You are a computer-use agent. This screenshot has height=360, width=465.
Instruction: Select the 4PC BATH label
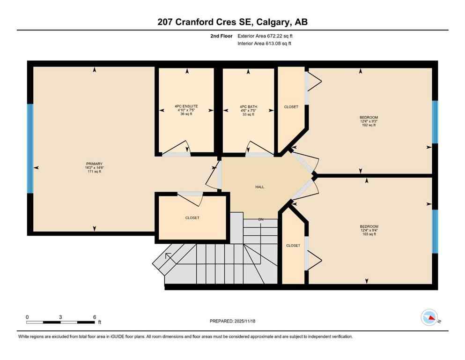[248, 107]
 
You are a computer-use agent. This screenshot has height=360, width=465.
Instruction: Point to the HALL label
[260, 187]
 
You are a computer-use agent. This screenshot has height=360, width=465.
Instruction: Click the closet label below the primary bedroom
[192, 218]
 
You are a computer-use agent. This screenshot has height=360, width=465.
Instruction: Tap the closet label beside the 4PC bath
[291, 107]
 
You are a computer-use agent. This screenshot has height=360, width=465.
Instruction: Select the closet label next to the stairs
[293, 245]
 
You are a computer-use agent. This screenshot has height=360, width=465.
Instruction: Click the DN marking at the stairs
[261, 219]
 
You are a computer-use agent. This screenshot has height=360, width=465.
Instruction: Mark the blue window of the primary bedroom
[30, 148]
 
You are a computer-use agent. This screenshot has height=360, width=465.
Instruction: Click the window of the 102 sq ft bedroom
[435, 121]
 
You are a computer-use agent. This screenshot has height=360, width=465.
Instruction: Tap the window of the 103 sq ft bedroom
[435, 231]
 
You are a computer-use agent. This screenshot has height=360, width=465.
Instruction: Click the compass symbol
[430, 318]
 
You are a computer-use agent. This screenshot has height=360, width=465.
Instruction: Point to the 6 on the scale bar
[95, 317]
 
